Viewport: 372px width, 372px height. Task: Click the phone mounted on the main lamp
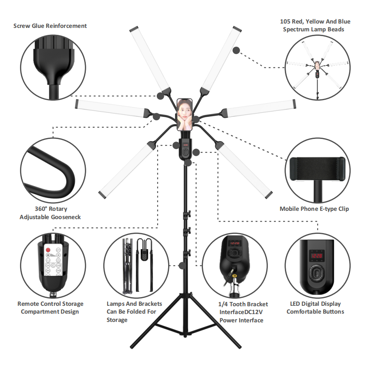click(184, 115)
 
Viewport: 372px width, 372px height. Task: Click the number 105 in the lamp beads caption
click(285, 22)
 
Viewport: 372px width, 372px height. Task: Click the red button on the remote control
click(48, 250)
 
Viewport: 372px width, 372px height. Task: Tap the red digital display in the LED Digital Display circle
click(317, 256)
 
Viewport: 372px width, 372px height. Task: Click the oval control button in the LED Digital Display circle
click(316, 273)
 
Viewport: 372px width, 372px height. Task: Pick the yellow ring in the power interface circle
click(235, 276)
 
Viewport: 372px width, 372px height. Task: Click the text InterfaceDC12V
click(241, 312)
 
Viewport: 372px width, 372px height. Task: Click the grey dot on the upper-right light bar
click(236, 50)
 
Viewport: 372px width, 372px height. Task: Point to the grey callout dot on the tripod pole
click(182, 265)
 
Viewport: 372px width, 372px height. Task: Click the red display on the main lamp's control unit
click(185, 145)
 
